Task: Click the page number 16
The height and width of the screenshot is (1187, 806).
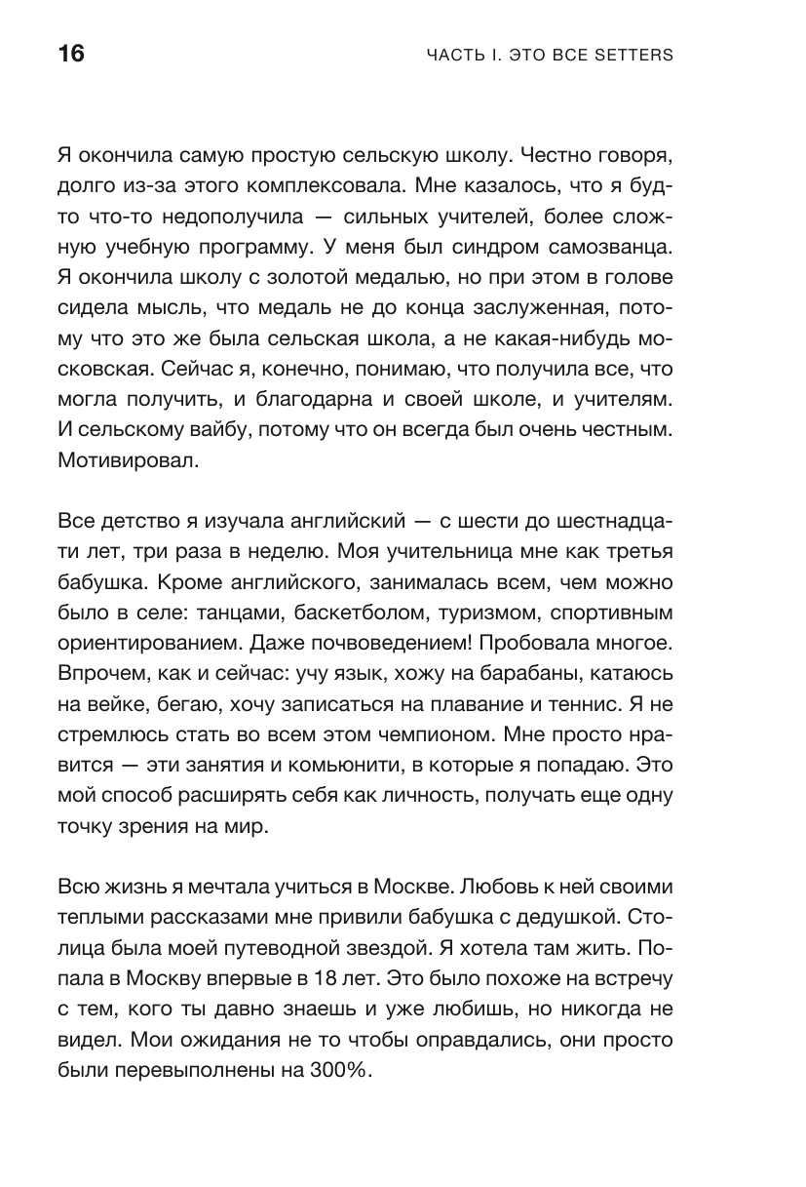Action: click(x=71, y=54)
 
